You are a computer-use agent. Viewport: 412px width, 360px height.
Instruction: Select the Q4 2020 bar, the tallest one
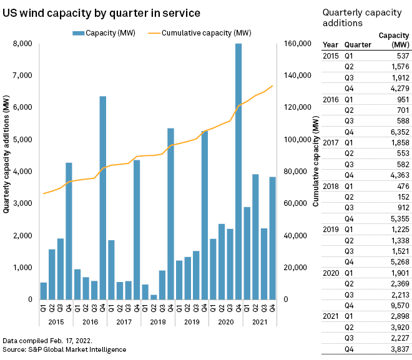click(x=238, y=172)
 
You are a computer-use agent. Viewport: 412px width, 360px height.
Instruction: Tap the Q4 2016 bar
click(x=102, y=198)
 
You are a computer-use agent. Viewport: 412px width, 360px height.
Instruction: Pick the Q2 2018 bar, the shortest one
click(x=154, y=297)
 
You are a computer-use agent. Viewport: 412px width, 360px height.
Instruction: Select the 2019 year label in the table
click(x=331, y=229)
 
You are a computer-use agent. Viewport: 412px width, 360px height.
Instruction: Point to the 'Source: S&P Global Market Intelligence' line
click(x=64, y=349)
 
